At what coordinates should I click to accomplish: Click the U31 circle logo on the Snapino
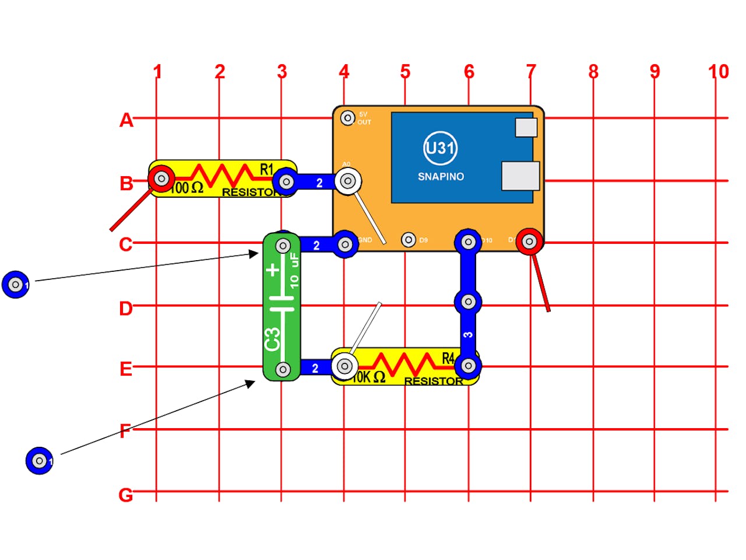click(440, 148)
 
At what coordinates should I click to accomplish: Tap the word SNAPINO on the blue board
click(441, 176)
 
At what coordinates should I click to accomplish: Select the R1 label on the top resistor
click(266, 169)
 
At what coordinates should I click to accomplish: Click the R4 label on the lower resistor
click(448, 358)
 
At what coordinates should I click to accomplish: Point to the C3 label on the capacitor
click(272, 339)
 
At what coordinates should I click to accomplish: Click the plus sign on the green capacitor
click(273, 270)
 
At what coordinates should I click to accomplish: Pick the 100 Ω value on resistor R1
click(186, 188)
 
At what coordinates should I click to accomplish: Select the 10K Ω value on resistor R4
click(369, 377)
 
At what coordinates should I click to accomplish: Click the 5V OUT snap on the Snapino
click(348, 118)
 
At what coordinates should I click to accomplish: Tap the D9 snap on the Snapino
click(409, 240)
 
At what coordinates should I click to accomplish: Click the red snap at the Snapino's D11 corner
click(529, 241)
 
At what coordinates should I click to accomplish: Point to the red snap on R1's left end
click(161, 178)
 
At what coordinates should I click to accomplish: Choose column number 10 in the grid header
click(718, 72)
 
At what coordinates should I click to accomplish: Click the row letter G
click(125, 495)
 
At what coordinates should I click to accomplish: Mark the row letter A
click(126, 120)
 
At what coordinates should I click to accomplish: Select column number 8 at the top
click(593, 72)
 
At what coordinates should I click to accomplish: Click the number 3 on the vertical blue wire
click(468, 335)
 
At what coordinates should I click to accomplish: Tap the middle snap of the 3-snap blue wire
click(468, 302)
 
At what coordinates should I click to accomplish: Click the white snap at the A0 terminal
click(348, 181)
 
